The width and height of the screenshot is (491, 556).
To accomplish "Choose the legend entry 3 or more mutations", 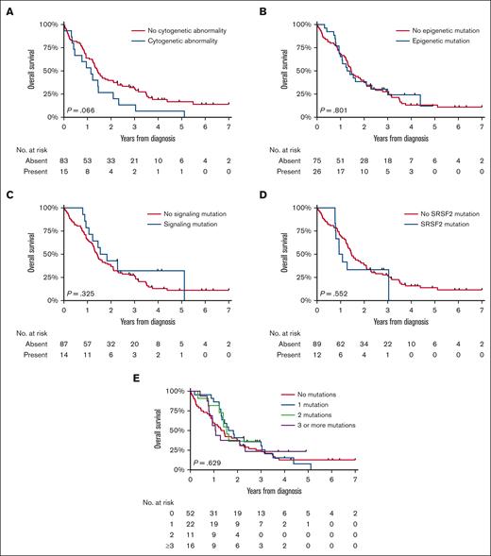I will point(323,426).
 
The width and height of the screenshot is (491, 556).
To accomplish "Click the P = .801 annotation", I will point(333,110).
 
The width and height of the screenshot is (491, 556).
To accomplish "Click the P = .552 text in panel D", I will point(333,293).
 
